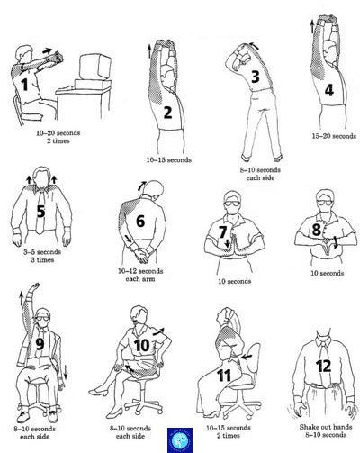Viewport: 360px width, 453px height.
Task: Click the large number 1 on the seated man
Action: [x=24, y=85]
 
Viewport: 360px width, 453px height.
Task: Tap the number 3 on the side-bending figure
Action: [x=256, y=77]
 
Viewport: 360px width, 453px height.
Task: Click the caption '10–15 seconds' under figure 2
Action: [x=169, y=159]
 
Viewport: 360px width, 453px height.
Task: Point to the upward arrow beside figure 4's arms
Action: [x=312, y=26]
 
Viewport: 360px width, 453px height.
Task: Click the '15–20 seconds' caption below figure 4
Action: [x=334, y=136]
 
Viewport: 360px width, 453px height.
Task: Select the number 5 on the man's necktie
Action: [x=40, y=212]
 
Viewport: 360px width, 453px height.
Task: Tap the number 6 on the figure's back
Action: [x=140, y=222]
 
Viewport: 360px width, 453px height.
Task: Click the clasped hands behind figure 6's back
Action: [x=142, y=255]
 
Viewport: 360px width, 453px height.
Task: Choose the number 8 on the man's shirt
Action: [x=317, y=230]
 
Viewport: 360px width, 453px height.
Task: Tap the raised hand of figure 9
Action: [x=35, y=285]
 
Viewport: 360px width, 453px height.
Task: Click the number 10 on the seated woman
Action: [x=141, y=345]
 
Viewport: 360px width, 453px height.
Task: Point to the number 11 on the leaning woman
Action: [x=224, y=376]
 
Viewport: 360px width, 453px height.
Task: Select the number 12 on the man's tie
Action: [x=323, y=366]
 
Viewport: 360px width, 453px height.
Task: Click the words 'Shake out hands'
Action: [x=326, y=427]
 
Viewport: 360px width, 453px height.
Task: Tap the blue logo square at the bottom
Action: [x=180, y=440]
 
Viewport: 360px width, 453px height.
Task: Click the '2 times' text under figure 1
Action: [x=58, y=140]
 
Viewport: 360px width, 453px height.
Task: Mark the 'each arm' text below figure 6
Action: [x=140, y=279]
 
